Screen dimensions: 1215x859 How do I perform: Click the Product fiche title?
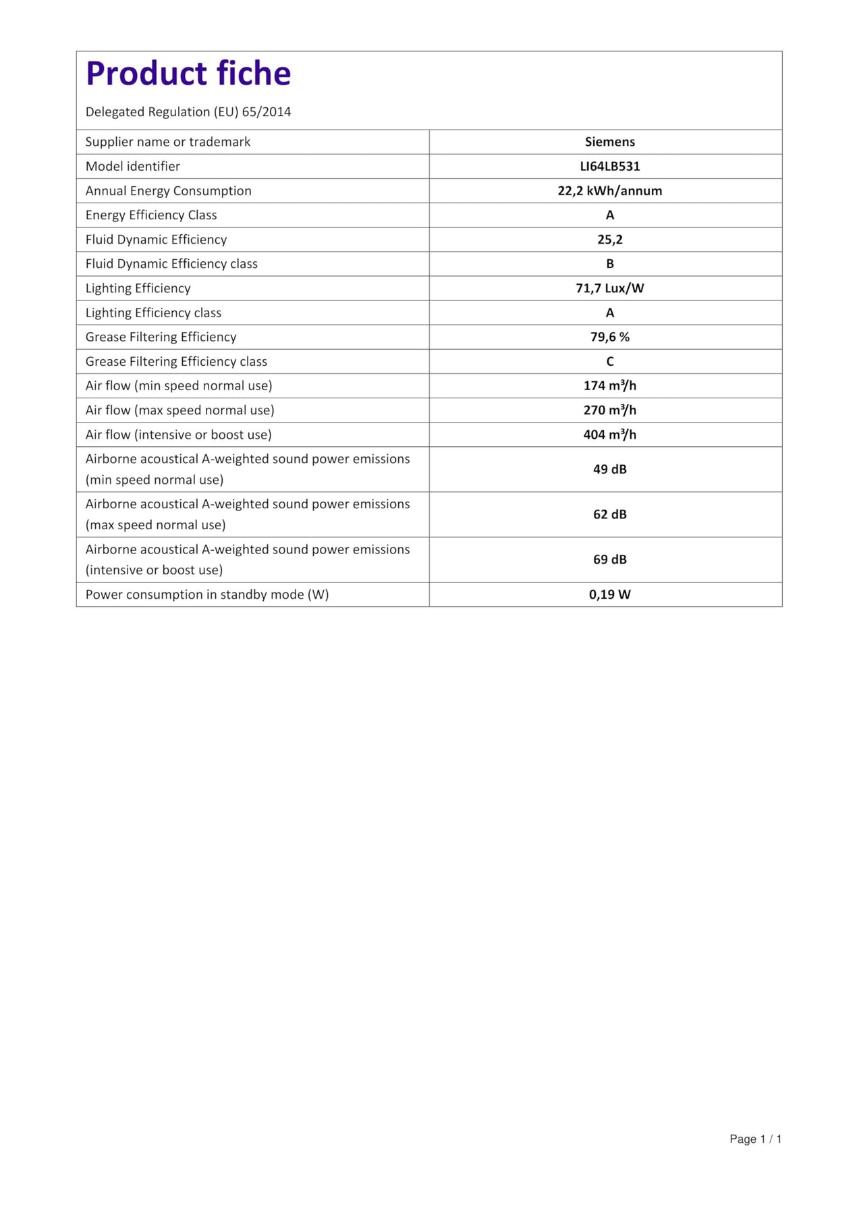188,74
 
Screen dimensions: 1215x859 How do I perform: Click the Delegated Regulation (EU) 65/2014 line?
188,112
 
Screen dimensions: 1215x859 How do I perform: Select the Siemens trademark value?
609,142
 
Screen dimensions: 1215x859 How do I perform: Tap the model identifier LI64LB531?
609,166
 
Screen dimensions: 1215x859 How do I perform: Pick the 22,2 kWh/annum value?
609,191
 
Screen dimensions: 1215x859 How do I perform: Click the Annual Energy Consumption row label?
168,191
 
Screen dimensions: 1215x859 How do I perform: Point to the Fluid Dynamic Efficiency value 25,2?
609,240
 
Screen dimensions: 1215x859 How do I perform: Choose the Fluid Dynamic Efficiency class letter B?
609,264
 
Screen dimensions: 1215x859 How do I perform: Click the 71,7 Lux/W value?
609,288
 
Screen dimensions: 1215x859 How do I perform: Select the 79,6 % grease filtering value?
609,337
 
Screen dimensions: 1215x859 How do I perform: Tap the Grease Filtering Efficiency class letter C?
609,362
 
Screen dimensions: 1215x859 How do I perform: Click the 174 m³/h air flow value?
609,386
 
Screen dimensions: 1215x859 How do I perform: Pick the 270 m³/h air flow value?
609,410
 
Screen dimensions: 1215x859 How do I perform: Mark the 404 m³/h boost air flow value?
609,435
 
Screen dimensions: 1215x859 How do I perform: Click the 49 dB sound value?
609,469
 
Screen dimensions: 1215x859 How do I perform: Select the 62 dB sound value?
609,514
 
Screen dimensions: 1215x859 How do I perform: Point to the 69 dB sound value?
609,560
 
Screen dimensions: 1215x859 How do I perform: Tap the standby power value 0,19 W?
609,595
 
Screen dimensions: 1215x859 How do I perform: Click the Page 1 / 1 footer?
755,1139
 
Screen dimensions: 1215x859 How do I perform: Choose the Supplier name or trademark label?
167,142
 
